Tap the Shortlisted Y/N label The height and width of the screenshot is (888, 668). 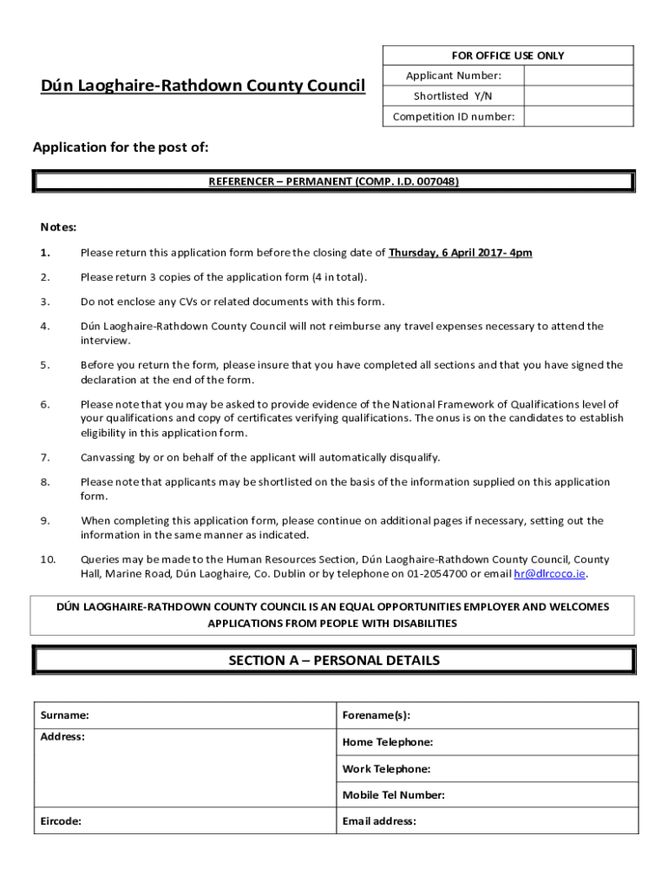453,96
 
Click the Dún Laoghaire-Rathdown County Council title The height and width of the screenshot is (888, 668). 203,86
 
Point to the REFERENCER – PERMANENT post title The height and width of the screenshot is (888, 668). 334,182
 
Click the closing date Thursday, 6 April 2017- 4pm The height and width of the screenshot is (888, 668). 460,253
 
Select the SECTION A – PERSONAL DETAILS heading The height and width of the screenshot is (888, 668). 334,661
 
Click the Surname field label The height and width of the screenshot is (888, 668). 64,715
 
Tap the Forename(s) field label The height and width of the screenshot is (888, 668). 376,715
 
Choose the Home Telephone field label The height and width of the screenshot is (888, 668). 387,742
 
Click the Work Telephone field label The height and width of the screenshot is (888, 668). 386,769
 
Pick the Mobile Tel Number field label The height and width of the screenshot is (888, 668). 393,795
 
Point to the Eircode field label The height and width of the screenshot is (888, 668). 61,821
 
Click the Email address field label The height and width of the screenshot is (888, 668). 379,821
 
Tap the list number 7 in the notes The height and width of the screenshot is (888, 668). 44,458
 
